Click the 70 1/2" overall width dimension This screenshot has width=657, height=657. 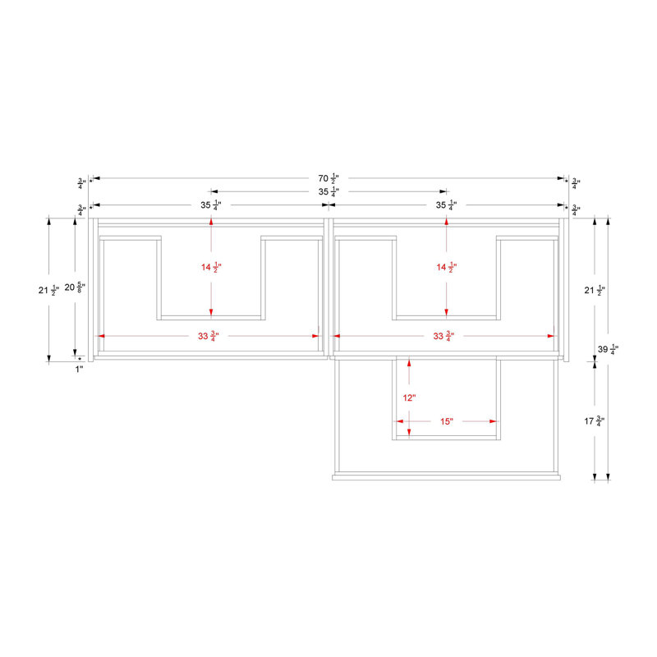(x=328, y=178)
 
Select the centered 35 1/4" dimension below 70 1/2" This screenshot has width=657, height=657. (x=328, y=192)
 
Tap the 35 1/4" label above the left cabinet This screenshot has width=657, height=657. (x=211, y=204)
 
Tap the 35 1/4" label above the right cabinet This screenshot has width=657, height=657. (x=446, y=204)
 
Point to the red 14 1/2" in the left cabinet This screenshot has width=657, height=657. (x=211, y=267)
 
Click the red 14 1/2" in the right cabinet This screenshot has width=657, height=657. (x=447, y=267)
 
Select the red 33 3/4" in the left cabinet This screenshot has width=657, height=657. (x=209, y=336)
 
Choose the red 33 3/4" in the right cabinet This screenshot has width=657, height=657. (x=443, y=336)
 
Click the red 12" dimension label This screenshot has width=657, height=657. (x=409, y=397)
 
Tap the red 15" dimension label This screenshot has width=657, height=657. (x=447, y=421)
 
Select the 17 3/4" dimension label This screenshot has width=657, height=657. (x=595, y=420)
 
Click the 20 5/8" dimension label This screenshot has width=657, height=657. (x=75, y=287)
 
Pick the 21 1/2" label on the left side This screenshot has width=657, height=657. (x=49, y=290)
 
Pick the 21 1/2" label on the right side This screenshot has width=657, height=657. (x=595, y=290)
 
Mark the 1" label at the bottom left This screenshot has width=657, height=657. (x=79, y=369)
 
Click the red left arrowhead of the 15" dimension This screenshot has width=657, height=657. (x=400, y=421)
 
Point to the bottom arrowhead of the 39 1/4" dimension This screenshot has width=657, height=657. (x=609, y=477)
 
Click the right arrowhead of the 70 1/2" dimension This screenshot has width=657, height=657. (x=561, y=178)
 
